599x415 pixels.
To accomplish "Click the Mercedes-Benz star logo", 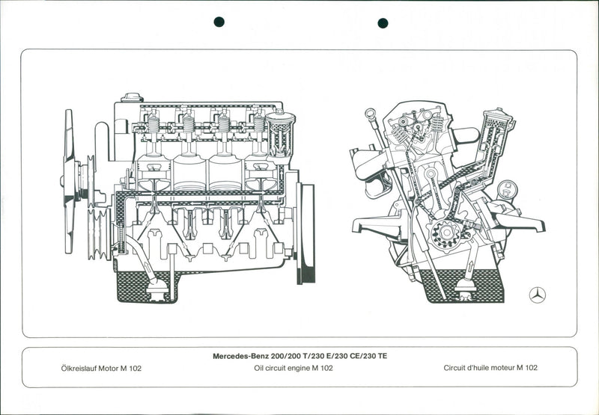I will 537,295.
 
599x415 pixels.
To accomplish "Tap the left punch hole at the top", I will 219,22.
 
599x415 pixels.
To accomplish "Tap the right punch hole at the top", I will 383,22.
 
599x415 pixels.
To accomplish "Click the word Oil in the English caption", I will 261,368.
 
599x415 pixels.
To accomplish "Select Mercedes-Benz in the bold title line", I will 240,356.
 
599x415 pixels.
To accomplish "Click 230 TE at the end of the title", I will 374,356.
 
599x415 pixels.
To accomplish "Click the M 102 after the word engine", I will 322,368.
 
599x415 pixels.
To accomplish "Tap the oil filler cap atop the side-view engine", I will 133,97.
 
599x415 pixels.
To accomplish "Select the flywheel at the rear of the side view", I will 306,232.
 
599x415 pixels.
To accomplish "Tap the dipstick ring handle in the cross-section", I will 369,114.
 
